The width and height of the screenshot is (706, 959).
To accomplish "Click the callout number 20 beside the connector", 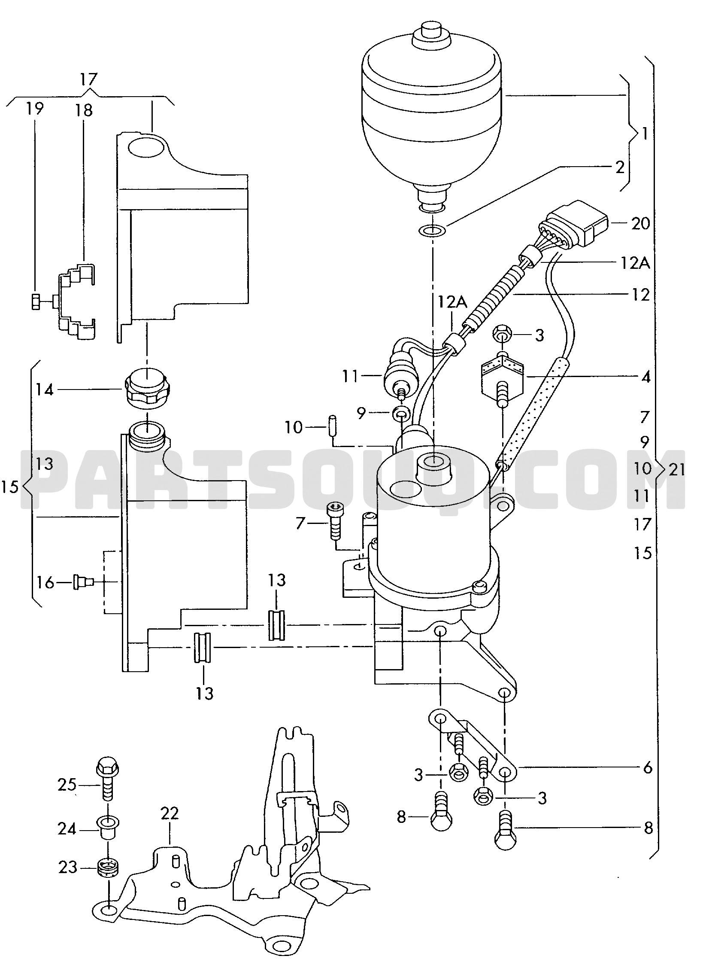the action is pos(641,224).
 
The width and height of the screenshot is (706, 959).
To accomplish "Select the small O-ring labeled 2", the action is pos(432,231).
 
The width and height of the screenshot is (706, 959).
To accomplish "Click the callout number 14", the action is pos(45,390).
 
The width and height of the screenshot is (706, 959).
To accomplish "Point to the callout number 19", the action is pos(35,110).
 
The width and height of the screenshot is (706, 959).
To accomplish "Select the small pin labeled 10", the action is pos(332,426).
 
